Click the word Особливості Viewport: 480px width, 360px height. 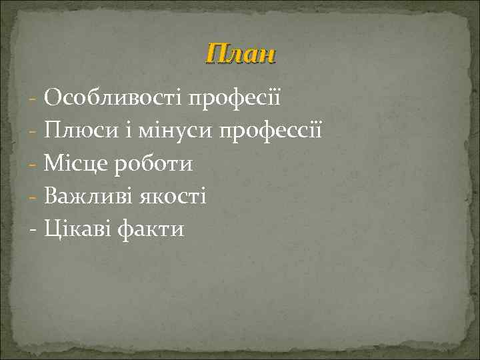113,99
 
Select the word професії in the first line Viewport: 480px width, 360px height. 235,99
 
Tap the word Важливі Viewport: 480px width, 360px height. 90,197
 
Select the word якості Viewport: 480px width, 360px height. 175,197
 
